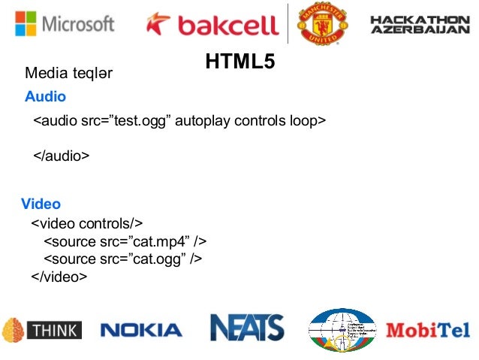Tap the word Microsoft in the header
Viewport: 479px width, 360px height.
click(x=79, y=23)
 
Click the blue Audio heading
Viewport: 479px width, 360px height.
click(x=45, y=97)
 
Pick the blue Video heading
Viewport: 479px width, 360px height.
click(x=41, y=204)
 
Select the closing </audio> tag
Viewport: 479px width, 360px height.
click(x=61, y=156)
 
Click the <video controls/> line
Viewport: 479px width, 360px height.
click(x=86, y=224)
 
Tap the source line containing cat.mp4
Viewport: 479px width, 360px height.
click(x=125, y=241)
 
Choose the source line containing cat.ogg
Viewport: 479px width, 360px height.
click(x=124, y=259)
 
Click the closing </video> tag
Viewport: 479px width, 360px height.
click(x=59, y=277)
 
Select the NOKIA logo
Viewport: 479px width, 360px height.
click(x=140, y=329)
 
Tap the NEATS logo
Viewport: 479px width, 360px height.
click(x=246, y=328)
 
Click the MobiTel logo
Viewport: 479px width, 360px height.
click(x=427, y=329)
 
